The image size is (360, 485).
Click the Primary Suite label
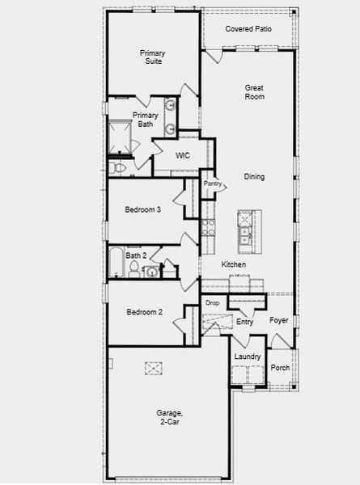tap(151, 57)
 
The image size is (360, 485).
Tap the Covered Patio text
tap(248, 28)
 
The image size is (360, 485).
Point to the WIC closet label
tap(182, 155)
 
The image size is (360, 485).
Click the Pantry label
tap(213, 183)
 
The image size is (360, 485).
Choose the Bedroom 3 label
tap(142, 210)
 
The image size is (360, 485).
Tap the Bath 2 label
tap(136, 255)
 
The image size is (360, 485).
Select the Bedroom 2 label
tap(144, 312)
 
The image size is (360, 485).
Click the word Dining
tap(254, 177)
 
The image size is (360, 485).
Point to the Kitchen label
tap(234, 265)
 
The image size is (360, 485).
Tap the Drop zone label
tap(212, 303)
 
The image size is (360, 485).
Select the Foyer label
tap(278, 321)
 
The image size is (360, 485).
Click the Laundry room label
tap(247, 356)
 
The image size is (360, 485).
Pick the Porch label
tap(280, 368)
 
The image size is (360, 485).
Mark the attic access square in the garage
tap(154, 369)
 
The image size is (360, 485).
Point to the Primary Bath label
tap(146, 120)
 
